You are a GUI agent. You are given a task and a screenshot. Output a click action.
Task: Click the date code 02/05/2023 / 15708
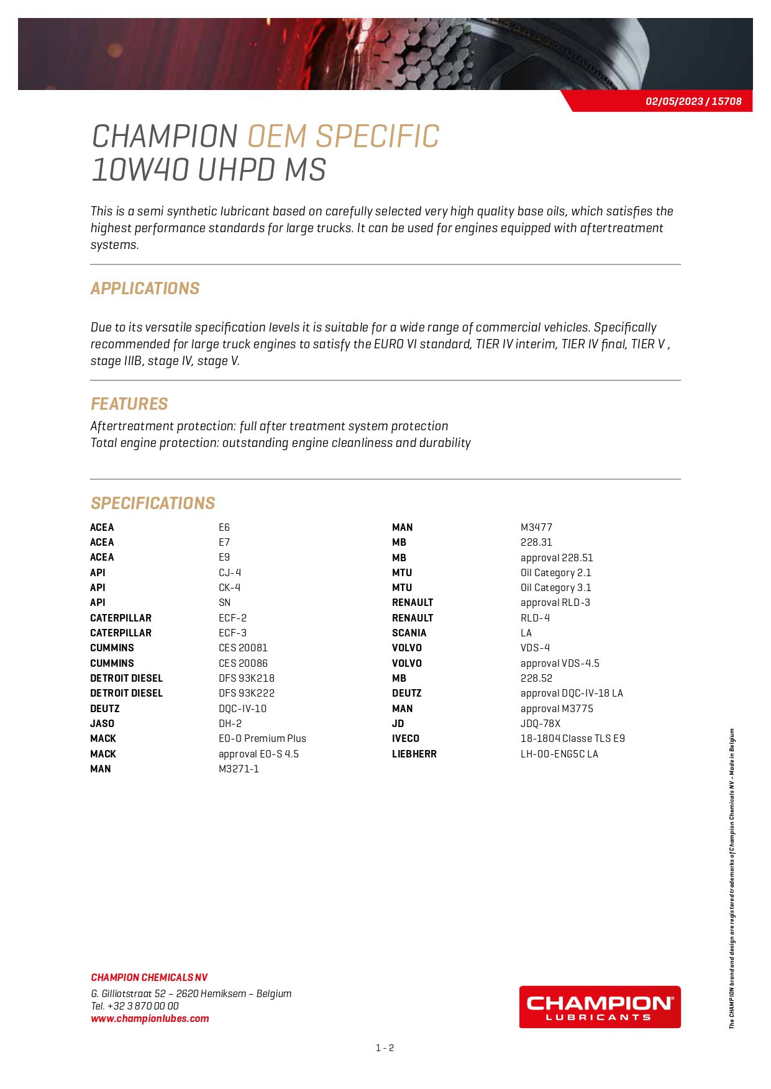(x=693, y=101)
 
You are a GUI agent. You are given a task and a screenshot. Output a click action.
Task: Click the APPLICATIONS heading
(x=145, y=289)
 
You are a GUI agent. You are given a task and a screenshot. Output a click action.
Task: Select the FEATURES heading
(x=129, y=404)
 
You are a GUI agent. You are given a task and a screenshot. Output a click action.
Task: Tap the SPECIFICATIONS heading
(x=153, y=504)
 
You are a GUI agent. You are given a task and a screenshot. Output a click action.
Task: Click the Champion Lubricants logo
(x=600, y=1007)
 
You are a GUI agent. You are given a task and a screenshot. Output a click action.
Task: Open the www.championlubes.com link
(x=150, y=1019)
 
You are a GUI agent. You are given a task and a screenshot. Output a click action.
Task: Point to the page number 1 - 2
(x=385, y=1048)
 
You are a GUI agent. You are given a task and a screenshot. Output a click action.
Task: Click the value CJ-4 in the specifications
(x=230, y=572)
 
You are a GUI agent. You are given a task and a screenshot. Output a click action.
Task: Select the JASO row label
(x=102, y=723)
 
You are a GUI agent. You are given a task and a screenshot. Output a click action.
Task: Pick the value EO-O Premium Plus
(x=262, y=738)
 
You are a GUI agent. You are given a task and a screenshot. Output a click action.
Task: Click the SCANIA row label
(x=409, y=633)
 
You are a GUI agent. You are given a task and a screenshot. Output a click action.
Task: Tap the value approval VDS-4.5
(x=560, y=663)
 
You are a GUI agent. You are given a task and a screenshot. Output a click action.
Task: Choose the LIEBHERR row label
(x=414, y=754)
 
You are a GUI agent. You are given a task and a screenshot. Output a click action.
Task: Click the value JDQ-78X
(x=541, y=723)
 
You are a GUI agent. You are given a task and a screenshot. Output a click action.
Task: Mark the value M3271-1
(x=239, y=769)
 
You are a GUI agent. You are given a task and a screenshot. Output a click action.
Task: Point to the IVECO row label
(x=405, y=738)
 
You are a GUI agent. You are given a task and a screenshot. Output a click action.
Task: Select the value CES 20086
(x=243, y=663)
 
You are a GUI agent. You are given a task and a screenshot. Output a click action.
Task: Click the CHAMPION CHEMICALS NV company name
(x=149, y=977)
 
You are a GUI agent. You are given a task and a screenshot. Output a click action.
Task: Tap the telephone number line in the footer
(x=135, y=1006)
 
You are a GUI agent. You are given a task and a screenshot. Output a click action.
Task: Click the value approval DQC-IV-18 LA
(x=572, y=693)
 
